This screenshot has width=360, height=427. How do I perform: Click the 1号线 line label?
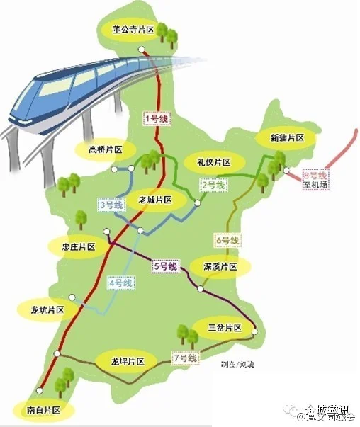pos(156,119)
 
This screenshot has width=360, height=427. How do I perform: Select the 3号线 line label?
pos(111,205)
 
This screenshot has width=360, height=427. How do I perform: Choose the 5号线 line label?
pos(164,266)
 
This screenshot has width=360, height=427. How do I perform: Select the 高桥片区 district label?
pos(106,149)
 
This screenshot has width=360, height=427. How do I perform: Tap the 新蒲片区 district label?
pos(286,137)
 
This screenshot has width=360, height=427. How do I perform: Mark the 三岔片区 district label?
pos(226,328)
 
